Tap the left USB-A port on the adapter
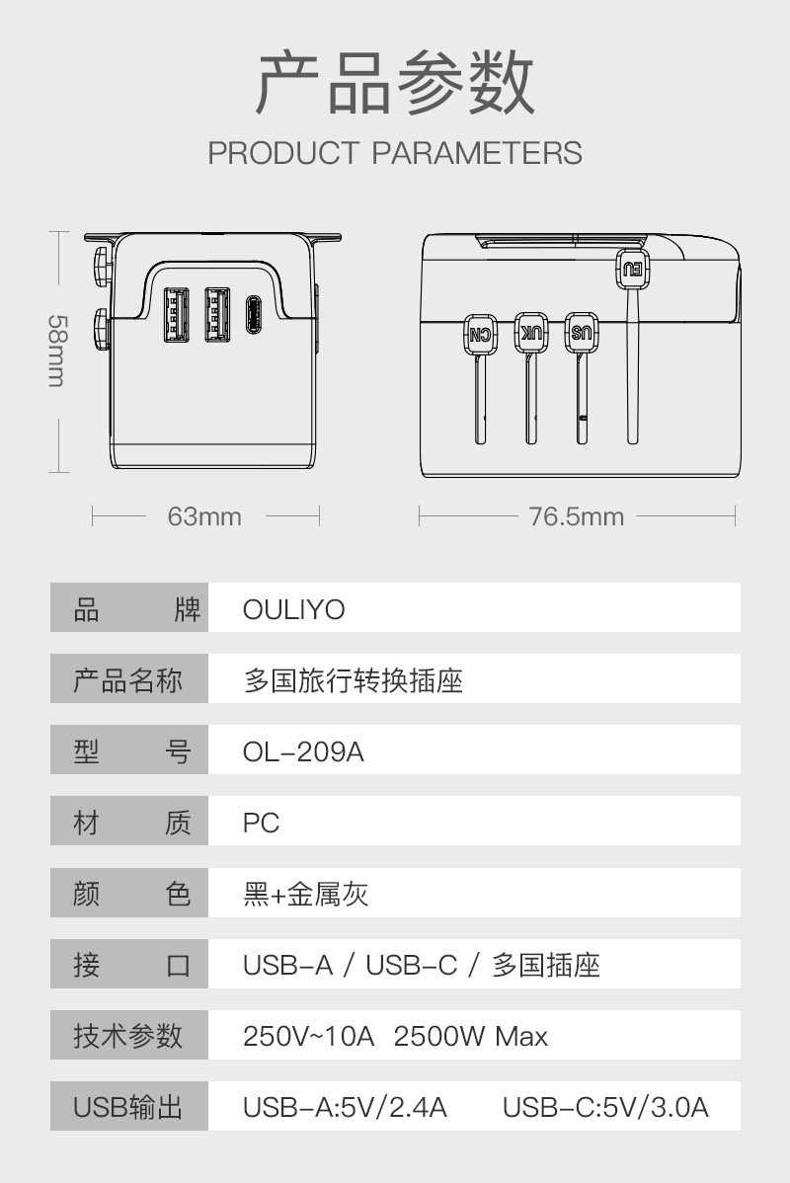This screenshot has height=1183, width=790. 175,316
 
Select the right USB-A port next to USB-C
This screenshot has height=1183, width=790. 216,316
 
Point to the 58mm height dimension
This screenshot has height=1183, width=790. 57,352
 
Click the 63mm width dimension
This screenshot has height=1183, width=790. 204,516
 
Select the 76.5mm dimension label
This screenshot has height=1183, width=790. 576,516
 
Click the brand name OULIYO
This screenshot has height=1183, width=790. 294,609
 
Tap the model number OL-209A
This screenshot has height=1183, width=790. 303,752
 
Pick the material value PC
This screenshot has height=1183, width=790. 262,824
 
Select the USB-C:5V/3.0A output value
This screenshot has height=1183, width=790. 605,1107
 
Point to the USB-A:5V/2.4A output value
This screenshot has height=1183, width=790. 345,1107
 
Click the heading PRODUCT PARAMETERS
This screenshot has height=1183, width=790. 395,153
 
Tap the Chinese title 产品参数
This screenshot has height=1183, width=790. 395,84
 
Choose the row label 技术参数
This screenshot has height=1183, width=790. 128,1036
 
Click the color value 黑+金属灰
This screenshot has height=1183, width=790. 305,895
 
